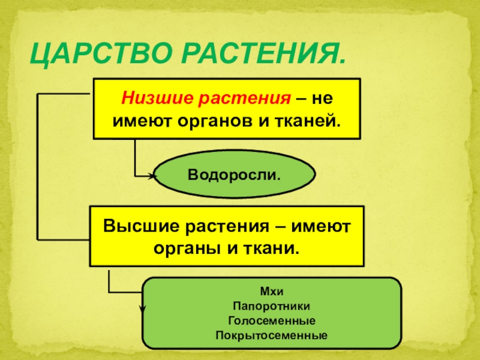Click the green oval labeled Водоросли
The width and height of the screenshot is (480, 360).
(235, 175)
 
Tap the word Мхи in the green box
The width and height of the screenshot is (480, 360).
(271, 292)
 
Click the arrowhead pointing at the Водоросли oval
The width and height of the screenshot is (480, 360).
(152, 176)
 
